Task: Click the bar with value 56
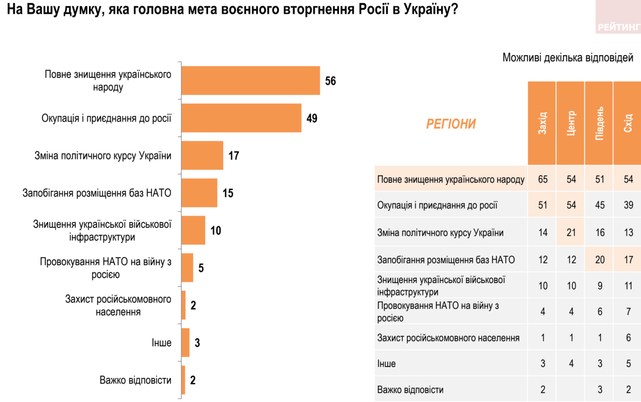[251, 80]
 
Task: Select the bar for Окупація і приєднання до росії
[241, 118]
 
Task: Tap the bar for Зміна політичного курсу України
[202, 155]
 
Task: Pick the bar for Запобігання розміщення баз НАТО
[199, 193]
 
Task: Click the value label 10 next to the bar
[216, 231]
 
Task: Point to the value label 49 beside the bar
[312, 118]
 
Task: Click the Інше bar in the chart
[186, 342]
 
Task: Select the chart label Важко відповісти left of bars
[135, 380]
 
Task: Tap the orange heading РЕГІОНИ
[451, 124]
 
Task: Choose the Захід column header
[542, 123]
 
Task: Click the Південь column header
[599, 123]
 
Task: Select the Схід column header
[627, 123]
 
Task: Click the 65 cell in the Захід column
[542, 179]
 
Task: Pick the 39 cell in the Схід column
[628, 205]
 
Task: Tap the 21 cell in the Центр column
[571, 232]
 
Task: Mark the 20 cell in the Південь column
[600, 260]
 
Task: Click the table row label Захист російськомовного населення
[448, 338]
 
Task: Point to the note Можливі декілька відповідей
[568, 58]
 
